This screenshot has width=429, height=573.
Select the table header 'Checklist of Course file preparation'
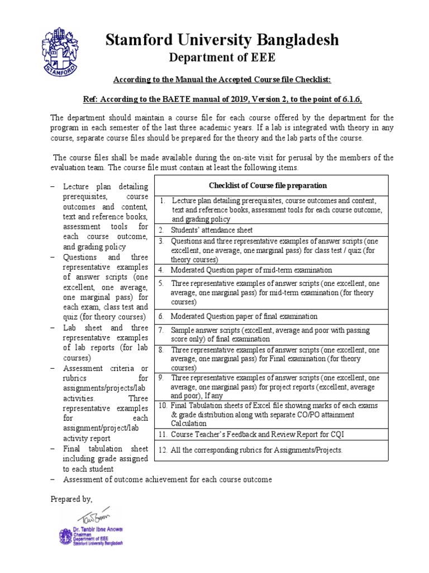click(x=268, y=186)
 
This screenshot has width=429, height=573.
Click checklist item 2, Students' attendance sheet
click(x=212, y=230)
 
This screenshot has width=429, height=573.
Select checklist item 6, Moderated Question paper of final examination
click(x=244, y=317)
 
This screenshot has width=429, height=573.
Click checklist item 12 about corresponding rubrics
click(x=256, y=450)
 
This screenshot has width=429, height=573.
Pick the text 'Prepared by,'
click(x=71, y=499)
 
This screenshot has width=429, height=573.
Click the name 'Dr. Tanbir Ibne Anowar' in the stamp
click(x=97, y=529)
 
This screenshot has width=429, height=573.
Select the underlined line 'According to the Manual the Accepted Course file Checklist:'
click(x=214, y=80)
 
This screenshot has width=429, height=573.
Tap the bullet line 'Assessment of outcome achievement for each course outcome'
click(x=168, y=480)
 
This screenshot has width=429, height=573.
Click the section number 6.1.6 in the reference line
click(x=351, y=100)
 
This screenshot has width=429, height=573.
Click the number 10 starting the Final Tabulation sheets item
click(x=163, y=405)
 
